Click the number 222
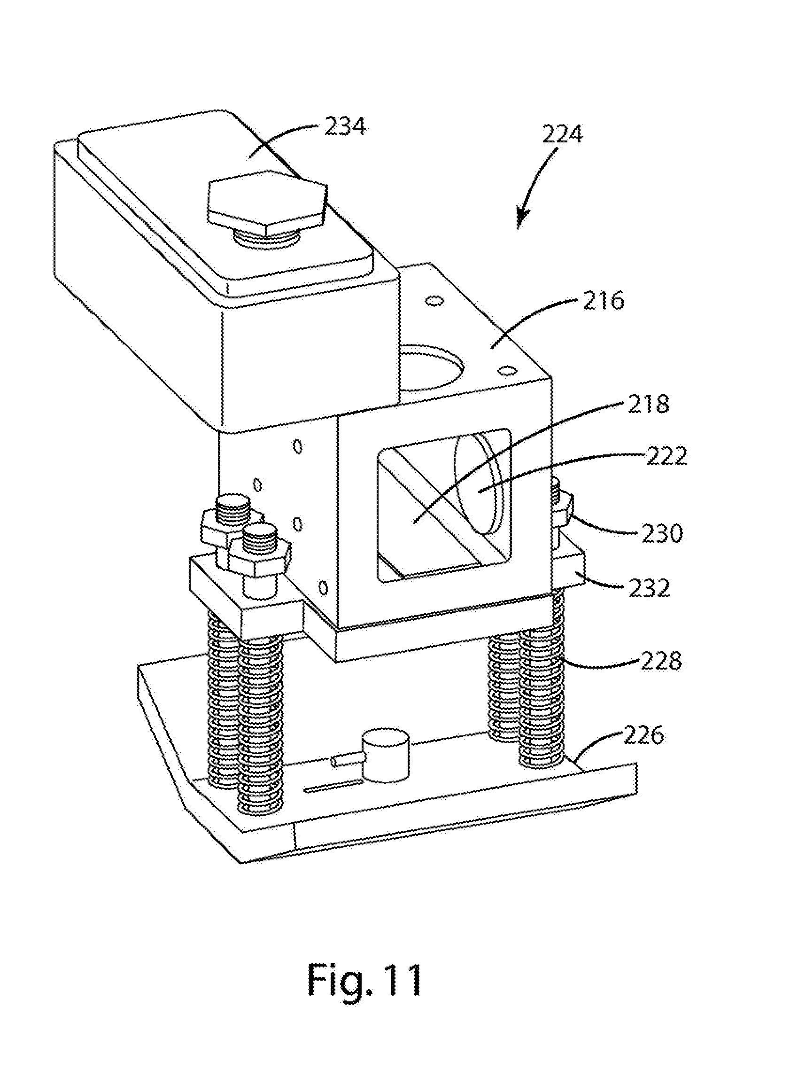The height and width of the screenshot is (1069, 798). [x=666, y=456]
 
